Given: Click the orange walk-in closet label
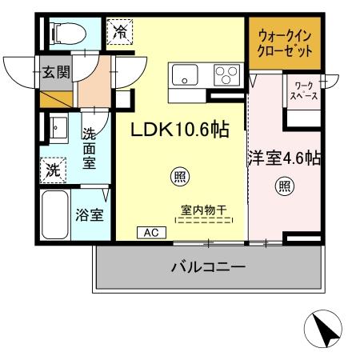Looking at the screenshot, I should (x=286, y=45).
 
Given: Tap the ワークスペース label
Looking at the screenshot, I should (x=304, y=90).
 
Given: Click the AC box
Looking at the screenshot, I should (x=150, y=233).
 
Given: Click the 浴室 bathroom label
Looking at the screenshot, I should (x=89, y=214).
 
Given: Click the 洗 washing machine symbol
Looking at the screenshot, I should (x=52, y=170).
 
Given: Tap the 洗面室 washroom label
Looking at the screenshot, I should (x=89, y=149).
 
